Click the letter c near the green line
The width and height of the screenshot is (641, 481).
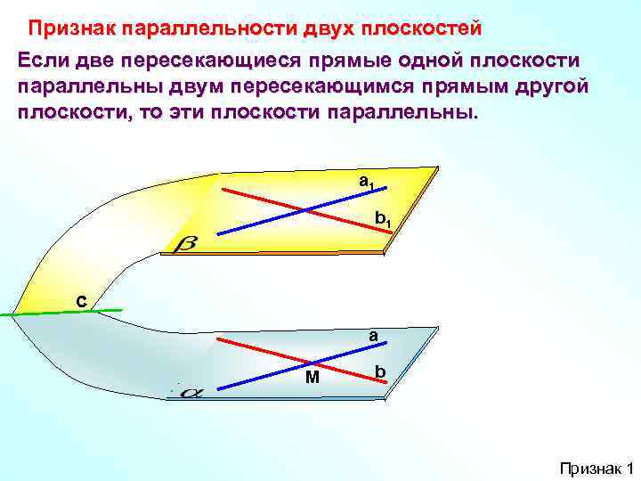81,302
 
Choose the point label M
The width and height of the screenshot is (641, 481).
312,378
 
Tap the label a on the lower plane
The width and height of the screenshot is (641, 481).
374,336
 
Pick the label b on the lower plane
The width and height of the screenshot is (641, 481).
380,371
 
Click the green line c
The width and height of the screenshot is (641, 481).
53,313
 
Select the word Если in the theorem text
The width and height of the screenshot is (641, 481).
45,61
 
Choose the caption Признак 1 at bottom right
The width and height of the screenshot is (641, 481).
595,468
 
